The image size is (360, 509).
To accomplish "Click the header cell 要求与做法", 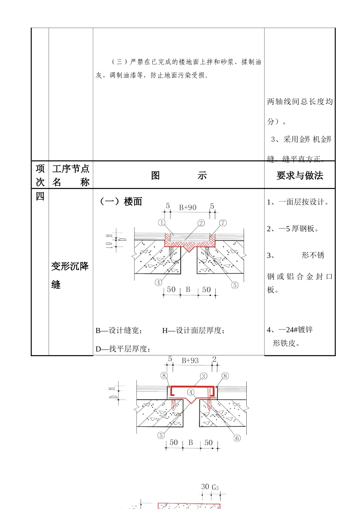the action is pos(300,176).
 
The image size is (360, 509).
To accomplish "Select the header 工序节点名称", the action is pos(70,175).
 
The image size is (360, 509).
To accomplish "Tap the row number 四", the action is pos(40,196).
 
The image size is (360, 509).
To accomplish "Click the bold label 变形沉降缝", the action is pos(70,275).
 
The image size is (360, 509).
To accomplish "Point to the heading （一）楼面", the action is pos(121,201).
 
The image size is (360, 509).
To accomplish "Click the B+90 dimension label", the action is pos(188,208).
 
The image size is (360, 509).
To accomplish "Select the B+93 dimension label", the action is pos(190,361).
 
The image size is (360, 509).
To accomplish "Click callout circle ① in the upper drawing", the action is pos(162,223).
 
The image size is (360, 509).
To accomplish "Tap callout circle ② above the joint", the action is pos(201,223).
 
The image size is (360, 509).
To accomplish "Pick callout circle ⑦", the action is pos(223,223).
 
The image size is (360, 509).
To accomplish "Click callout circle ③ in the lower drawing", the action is pos(204,376).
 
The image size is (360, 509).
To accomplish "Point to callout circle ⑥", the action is pos(237,438).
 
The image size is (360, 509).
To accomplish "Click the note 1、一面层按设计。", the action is pos(298,202).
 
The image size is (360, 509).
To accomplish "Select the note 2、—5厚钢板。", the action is pos(293,229).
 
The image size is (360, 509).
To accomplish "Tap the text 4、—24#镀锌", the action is pos(290,330).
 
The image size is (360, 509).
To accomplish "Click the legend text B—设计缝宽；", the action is pos(119,331).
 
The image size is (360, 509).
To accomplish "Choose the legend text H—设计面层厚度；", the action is pos(193,331).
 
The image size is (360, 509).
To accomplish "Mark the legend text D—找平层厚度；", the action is pos(123,349).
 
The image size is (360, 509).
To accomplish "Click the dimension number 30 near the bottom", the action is pos(205,487).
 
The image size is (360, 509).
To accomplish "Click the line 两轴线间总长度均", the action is pos(300,101).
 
